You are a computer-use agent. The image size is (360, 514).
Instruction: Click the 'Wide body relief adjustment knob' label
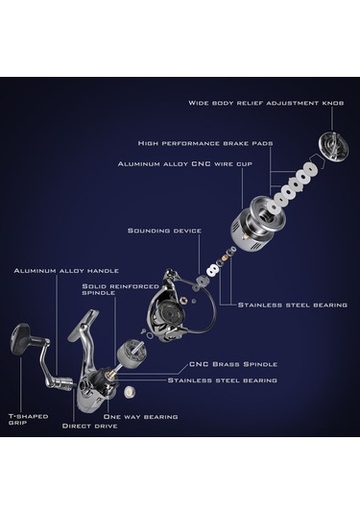point(266,103)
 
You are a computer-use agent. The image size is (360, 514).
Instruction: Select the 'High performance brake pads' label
point(205,143)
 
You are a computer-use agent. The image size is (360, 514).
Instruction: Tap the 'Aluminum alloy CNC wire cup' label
point(185,163)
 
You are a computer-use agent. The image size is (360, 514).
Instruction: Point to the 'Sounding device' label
point(164,231)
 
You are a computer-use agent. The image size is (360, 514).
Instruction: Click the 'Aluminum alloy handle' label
point(66,271)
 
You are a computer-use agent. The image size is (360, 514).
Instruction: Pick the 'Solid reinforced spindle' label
point(121,289)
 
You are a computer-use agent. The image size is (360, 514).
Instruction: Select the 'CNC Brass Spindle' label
point(233,364)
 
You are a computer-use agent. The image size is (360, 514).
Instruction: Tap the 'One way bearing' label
point(140,417)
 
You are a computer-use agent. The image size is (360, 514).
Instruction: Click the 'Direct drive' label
point(89,426)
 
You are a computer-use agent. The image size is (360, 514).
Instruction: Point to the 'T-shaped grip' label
point(28,419)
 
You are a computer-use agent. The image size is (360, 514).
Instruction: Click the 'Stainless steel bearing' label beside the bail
point(293,305)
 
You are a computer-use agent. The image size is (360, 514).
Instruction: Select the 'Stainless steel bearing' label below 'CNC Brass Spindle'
point(223,380)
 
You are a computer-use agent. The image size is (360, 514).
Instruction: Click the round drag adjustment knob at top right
point(333,145)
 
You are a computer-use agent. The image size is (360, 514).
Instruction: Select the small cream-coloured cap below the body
point(130,392)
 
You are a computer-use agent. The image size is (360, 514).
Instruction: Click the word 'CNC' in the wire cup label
point(202,163)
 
